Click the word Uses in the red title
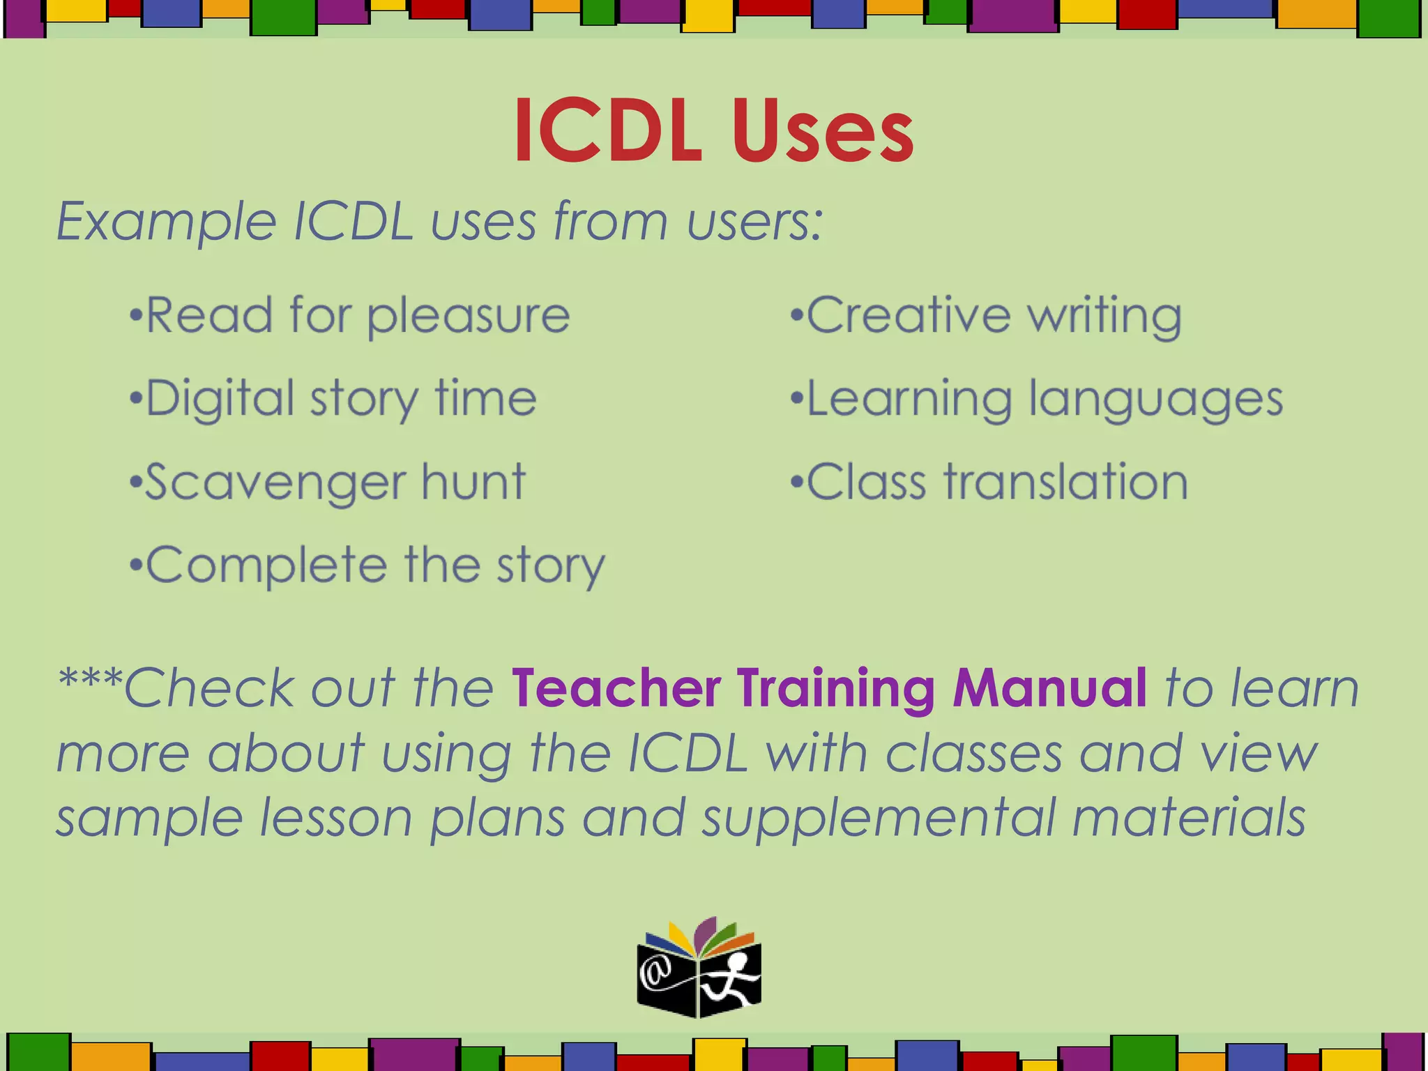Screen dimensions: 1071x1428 (x=823, y=131)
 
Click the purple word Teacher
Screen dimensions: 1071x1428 (x=616, y=688)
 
